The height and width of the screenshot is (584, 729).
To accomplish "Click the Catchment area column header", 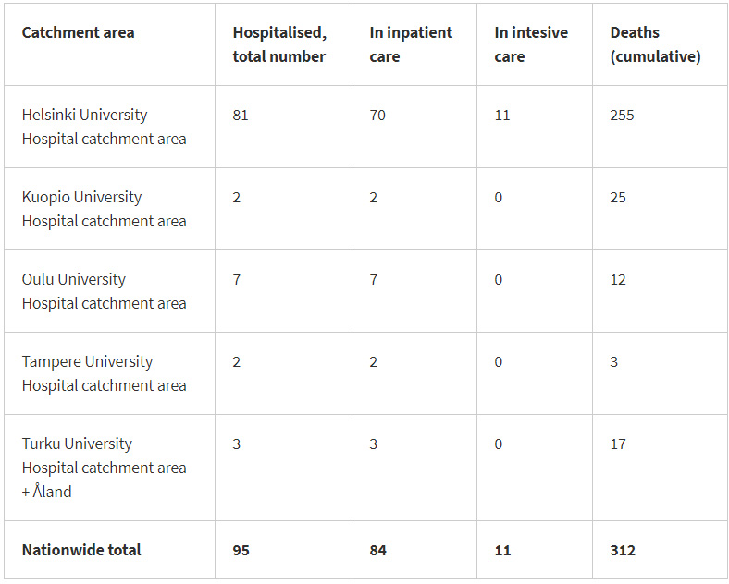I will (x=78, y=32).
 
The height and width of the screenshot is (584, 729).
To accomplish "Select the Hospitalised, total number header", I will (x=279, y=44).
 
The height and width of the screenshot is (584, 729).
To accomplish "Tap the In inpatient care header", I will (x=411, y=44).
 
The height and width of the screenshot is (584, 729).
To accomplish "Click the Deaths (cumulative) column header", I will (x=655, y=44).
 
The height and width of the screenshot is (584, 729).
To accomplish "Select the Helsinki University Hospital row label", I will (x=104, y=127).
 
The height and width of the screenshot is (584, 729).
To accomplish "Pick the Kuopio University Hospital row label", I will (x=104, y=209).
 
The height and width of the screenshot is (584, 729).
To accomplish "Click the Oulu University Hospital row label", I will (x=104, y=291).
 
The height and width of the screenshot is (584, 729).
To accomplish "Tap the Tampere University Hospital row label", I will (x=104, y=373).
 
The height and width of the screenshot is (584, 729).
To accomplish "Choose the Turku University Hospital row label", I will (x=104, y=468).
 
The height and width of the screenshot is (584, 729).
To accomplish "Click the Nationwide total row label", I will (x=81, y=550).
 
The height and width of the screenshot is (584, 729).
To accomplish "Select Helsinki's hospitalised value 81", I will (x=241, y=116).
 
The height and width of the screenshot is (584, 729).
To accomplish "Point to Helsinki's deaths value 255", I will (x=622, y=116).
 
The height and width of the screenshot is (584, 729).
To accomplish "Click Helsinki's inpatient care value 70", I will (x=377, y=116).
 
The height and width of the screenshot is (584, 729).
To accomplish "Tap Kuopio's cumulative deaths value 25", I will (x=618, y=198).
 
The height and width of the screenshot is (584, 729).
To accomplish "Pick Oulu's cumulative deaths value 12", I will (x=618, y=280).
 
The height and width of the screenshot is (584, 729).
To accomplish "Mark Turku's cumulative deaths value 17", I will (x=618, y=444).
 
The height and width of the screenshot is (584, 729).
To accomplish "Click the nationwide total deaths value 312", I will (x=623, y=551).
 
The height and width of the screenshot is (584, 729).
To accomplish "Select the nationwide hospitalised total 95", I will (x=241, y=551).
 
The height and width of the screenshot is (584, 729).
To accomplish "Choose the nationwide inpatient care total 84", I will (x=377, y=551).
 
